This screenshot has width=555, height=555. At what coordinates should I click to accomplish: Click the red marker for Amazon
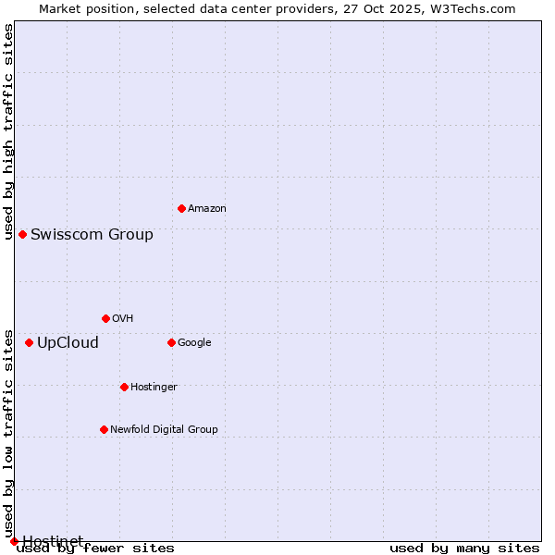181,208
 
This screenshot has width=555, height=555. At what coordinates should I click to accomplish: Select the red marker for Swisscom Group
22,234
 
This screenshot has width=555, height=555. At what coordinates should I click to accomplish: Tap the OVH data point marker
105,318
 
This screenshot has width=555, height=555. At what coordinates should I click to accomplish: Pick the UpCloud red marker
29,342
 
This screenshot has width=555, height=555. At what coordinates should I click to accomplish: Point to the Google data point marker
171,342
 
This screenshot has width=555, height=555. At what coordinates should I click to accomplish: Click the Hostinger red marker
124,387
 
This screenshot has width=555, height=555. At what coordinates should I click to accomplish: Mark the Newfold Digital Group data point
104,429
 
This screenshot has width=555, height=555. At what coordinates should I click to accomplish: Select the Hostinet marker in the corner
14,541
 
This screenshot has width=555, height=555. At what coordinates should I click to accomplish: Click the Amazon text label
206,209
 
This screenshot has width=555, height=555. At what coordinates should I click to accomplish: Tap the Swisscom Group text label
92,235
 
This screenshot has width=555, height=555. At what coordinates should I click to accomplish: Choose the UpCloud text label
68,343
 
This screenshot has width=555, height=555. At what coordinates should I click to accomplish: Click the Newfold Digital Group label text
164,429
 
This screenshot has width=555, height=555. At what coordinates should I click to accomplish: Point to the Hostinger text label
154,387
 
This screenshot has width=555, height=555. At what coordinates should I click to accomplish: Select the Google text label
194,343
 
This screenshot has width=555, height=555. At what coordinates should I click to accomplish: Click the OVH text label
122,319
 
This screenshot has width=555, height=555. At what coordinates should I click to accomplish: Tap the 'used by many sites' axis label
464,549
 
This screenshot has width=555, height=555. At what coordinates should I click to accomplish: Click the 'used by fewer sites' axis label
95,549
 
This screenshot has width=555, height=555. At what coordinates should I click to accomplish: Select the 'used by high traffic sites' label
9,131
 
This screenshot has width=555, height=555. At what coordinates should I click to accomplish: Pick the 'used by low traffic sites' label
9,433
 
